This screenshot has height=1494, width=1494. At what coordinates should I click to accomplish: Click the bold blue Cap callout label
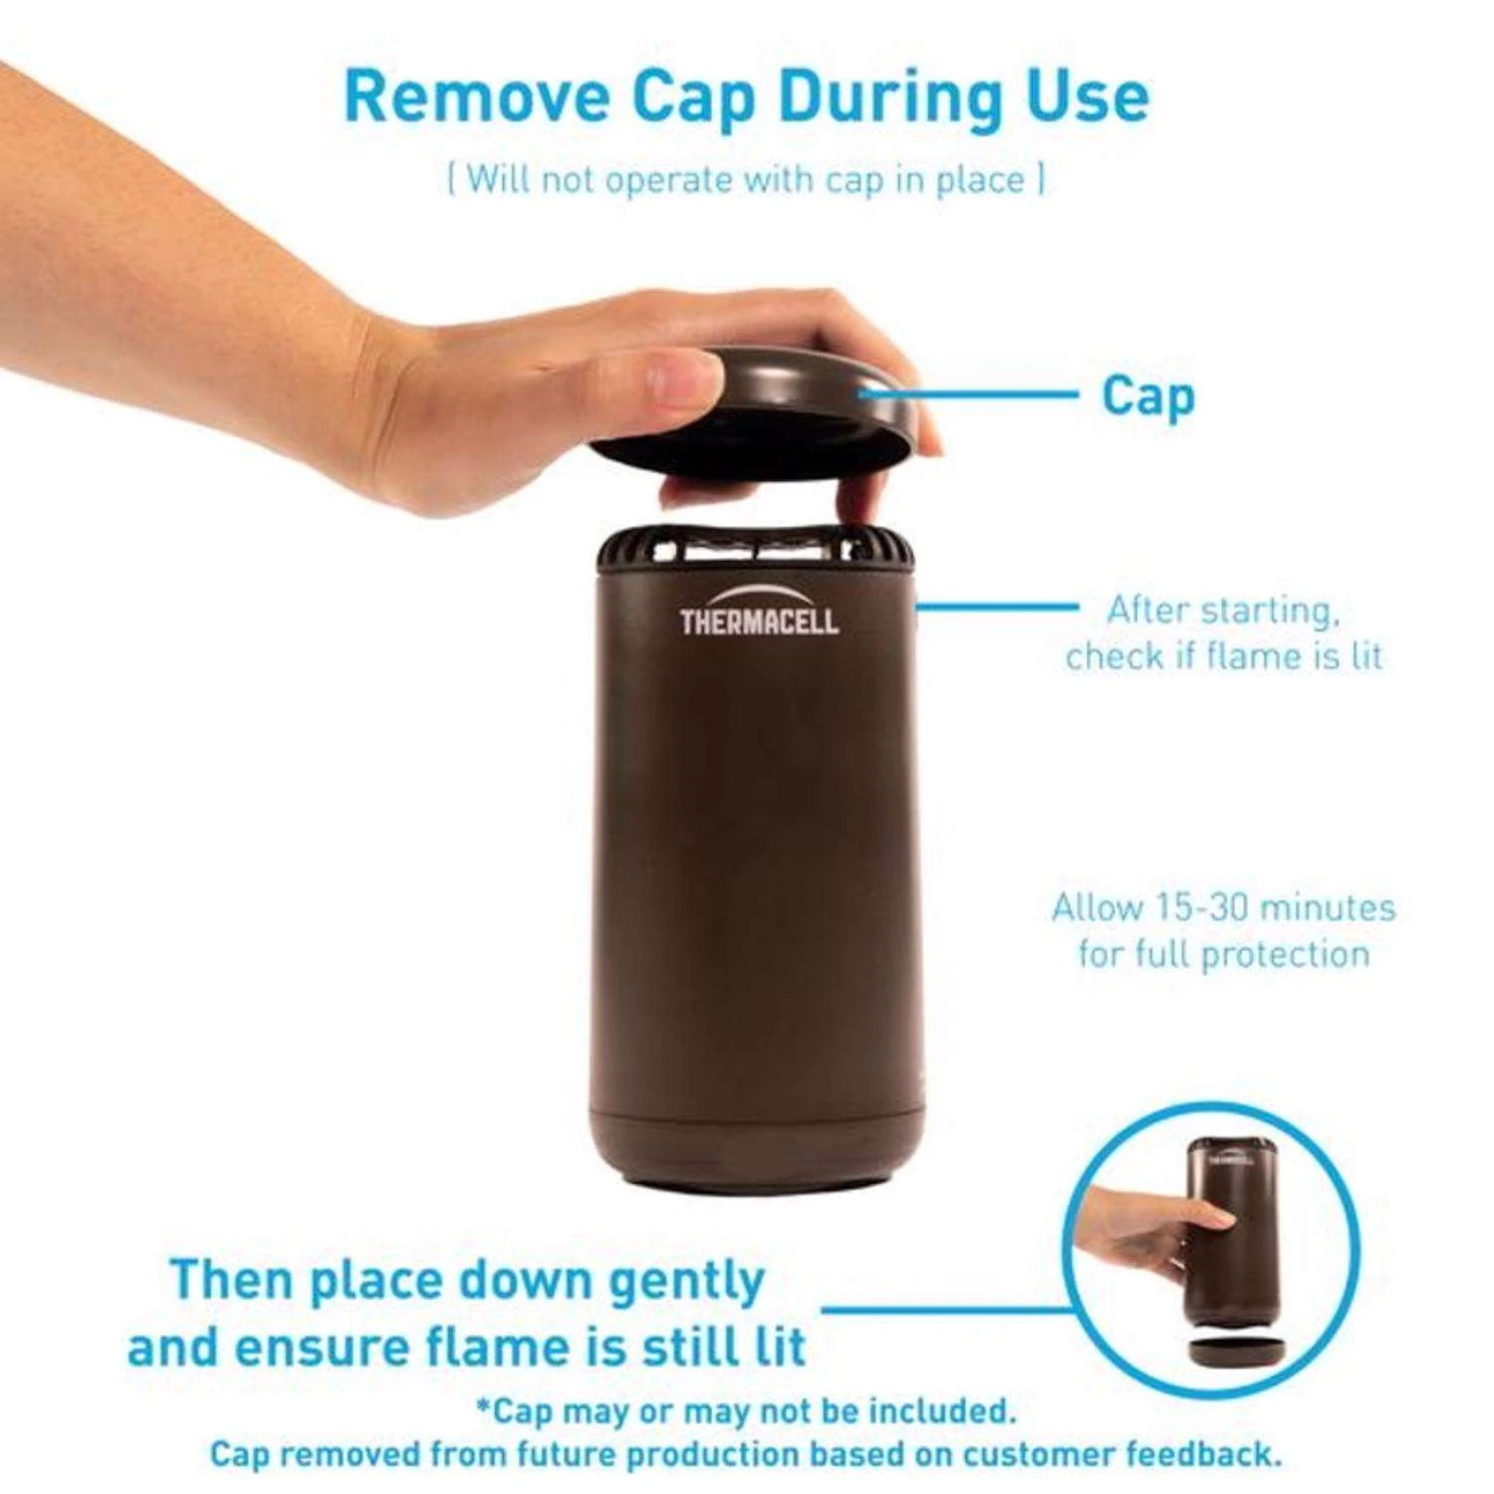1147,397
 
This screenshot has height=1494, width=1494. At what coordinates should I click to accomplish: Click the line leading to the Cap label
968,393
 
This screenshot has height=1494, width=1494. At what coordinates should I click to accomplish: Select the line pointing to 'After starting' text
996,605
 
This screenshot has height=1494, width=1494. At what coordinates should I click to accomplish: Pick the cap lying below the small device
1236,1352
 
